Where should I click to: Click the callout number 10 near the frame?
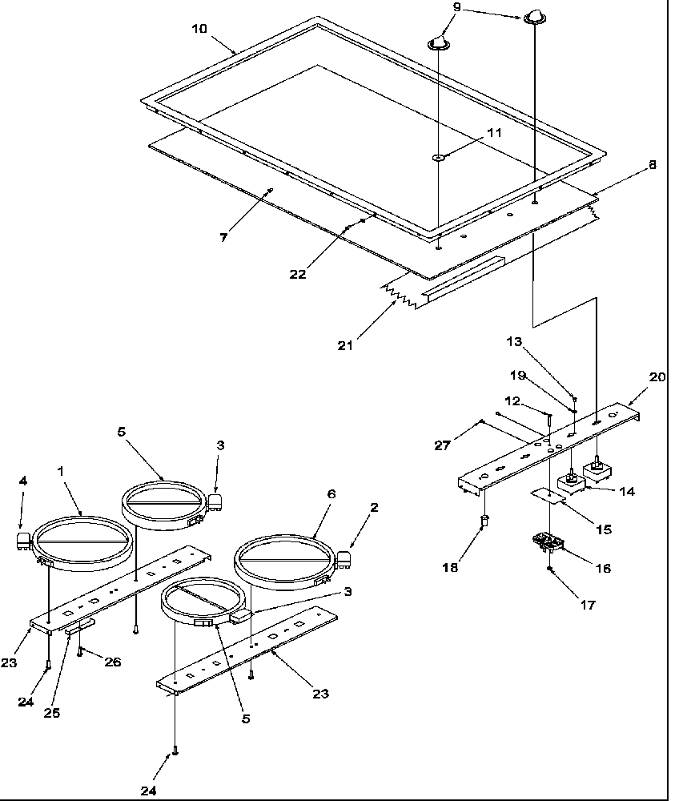pyautogui.click(x=199, y=28)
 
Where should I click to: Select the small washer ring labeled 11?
pyautogui.click(x=439, y=157)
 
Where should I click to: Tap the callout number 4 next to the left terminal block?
pyautogui.click(x=23, y=481)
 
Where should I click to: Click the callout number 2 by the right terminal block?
pyautogui.click(x=374, y=507)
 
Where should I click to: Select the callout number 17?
pyautogui.click(x=589, y=606)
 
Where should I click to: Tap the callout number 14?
pyautogui.click(x=627, y=491)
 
